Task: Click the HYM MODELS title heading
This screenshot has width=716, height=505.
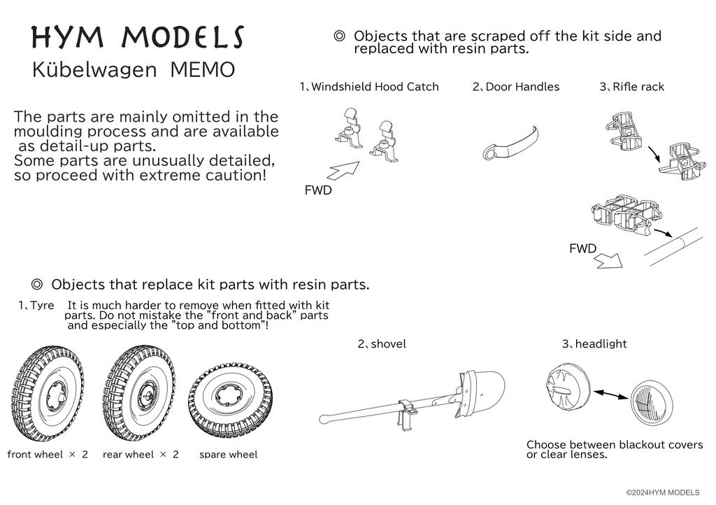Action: coord(138,38)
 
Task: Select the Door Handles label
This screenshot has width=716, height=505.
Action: coord(516,87)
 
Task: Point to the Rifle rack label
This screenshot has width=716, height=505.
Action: coord(632,87)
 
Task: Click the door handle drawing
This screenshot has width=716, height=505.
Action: coord(510,143)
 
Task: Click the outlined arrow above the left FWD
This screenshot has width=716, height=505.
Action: coord(343,170)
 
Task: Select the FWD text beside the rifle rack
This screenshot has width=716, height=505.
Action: coord(582,249)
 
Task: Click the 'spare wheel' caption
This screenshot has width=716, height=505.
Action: coord(228,455)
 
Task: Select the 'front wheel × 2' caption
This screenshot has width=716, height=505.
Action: coord(48,455)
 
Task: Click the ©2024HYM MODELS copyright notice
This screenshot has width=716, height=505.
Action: coord(667,493)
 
